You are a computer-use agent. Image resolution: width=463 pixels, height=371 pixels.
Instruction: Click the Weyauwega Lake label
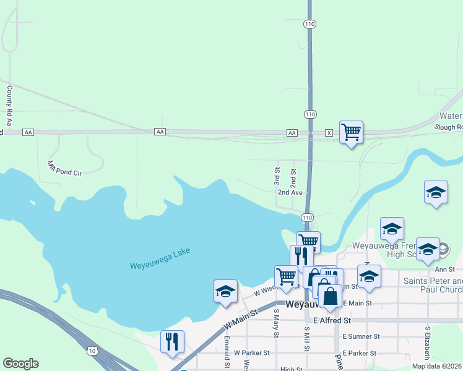tap(160, 258)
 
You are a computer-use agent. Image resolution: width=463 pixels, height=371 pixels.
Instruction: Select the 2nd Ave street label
tap(289, 192)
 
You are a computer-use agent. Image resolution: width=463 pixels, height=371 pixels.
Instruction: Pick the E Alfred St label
tap(332, 320)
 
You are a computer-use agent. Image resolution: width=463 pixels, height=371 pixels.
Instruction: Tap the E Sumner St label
tap(361, 336)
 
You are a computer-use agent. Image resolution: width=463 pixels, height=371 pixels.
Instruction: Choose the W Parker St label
tap(252, 352)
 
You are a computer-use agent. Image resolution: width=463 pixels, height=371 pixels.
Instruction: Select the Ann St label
tap(445, 270)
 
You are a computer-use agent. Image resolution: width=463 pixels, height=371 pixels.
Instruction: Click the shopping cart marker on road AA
tap(351, 132)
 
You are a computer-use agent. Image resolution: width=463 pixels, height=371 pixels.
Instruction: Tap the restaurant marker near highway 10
tap(173, 342)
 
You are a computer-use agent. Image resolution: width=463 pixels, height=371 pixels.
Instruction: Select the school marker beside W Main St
tap(226, 292)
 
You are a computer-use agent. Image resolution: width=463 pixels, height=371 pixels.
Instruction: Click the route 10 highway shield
tap(92, 351)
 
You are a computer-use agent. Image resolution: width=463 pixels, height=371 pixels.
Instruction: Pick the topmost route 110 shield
tap(310, 24)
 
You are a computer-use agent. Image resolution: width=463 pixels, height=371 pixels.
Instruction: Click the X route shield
tap(329, 133)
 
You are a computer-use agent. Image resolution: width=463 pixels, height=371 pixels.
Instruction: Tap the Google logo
tap(20, 364)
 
